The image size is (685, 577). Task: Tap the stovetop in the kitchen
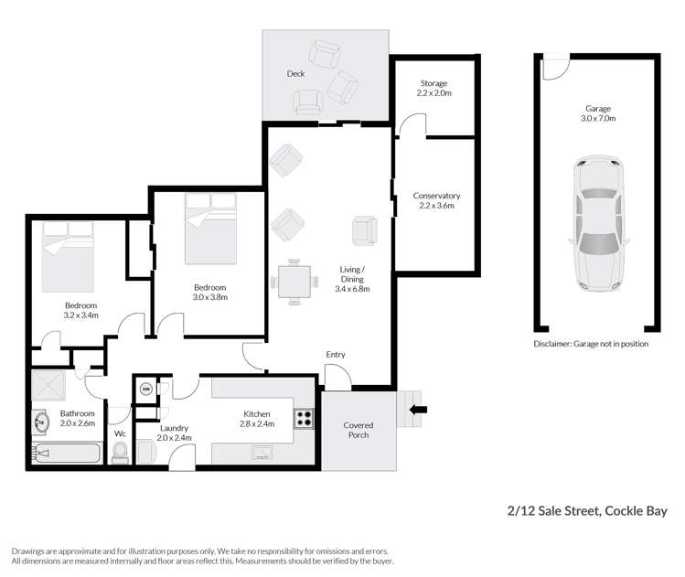point(304,420)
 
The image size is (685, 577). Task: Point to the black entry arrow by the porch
point(419,410)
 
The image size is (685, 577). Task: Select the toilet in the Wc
point(119,452)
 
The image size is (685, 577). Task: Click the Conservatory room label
point(435,200)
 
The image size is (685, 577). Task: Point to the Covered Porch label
point(358,431)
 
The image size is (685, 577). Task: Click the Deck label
point(294,74)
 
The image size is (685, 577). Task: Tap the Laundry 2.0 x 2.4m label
point(173,433)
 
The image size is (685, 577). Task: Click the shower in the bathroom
point(50,386)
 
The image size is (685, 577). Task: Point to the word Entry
point(336,355)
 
